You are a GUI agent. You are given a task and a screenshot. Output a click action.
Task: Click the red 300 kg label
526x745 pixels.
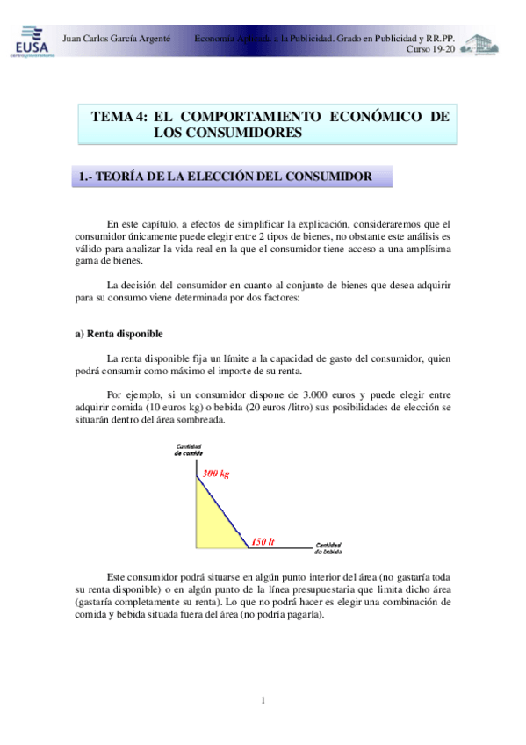[x=216, y=474]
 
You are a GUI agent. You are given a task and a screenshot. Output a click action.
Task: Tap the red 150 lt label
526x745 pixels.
[x=263, y=541]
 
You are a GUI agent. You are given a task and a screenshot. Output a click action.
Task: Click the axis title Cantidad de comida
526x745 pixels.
[x=187, y=450]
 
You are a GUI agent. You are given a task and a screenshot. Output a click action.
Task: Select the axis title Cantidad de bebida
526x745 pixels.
[x=328, y=549]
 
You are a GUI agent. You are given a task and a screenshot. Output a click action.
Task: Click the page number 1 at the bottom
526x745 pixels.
[x=263, y=700]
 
